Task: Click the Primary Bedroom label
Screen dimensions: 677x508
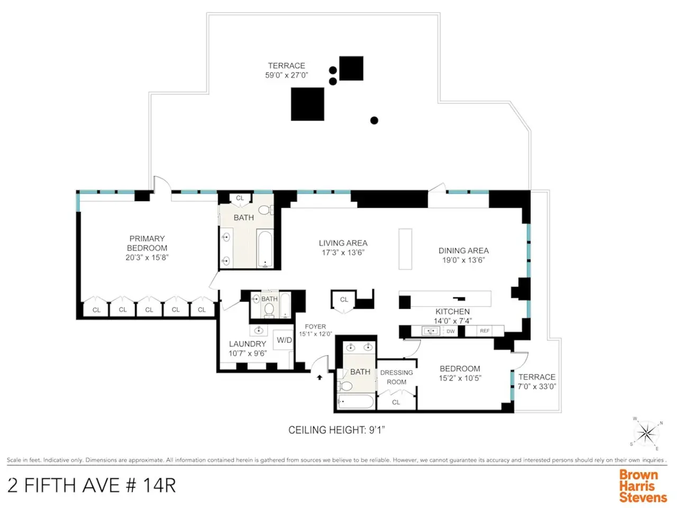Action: [x=147, y=243]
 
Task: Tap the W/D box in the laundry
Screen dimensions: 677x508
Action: [x=283, y=340]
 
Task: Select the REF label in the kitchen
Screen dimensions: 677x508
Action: [x=484, y=331]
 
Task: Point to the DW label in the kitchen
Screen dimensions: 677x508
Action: [x=450, y=331]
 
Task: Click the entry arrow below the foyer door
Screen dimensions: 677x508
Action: [x=319, y=377]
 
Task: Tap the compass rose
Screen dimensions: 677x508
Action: [x=646, y=433]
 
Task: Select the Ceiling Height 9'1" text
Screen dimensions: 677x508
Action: [x=336, y=430]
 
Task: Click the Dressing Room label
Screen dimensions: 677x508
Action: [x=396, y=377]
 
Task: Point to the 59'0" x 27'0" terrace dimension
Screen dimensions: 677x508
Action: [x=287, y=75]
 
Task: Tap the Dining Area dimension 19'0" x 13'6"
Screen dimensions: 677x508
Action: [x=463, y=260]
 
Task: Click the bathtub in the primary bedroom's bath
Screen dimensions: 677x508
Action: [x=265, y=249]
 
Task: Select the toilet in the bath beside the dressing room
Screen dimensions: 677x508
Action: [x=345, y=386]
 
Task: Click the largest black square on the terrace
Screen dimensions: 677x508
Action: [x=307, y=104]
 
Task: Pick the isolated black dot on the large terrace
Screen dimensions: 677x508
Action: [x=374, y=120]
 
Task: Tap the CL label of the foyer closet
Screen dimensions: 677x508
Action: [x=344, y=300]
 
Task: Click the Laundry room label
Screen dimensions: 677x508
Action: [x=248, y=343]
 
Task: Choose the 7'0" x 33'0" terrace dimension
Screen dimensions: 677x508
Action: [x=537, y=386]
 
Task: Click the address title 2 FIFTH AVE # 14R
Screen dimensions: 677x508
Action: [x=92, y=485]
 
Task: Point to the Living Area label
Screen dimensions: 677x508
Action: [x=343, y=243]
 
